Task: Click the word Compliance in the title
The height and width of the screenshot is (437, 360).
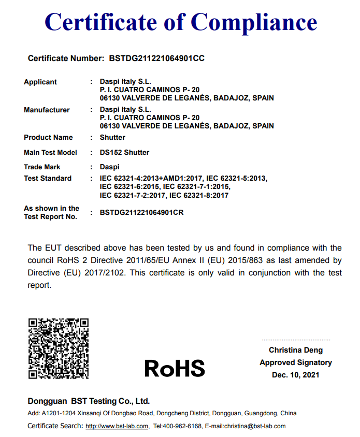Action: pos(254,22)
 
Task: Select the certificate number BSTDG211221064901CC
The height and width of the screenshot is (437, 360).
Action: pos(156,59)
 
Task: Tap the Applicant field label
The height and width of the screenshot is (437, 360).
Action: pos(40,82)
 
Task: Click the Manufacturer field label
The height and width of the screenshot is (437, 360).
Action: pos(47,110)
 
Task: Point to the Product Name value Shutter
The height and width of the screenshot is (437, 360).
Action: pos(112,137)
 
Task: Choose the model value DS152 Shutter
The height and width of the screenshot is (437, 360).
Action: pos(124,152)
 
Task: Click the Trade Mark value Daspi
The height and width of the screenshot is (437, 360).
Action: pos(109,167)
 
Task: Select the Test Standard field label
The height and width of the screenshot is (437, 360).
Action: pos(48,178)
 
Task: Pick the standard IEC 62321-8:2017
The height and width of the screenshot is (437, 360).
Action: pos(199,195)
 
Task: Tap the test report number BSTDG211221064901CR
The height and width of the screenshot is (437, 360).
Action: pos(142,212)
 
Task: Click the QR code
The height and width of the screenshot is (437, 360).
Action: pos(58,348)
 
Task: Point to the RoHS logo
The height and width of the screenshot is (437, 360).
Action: pos(175,368)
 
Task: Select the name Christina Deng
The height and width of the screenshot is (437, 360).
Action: pos(296,350)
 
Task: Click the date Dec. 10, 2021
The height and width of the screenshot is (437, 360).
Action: pos(296,375)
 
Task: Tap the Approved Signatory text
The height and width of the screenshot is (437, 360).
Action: pos(296,362)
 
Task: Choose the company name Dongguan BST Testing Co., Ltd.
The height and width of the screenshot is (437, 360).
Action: pos(89,401)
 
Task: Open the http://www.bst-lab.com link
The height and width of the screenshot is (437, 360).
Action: pos(117,426)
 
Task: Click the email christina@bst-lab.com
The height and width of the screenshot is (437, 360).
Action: pos(255,426)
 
